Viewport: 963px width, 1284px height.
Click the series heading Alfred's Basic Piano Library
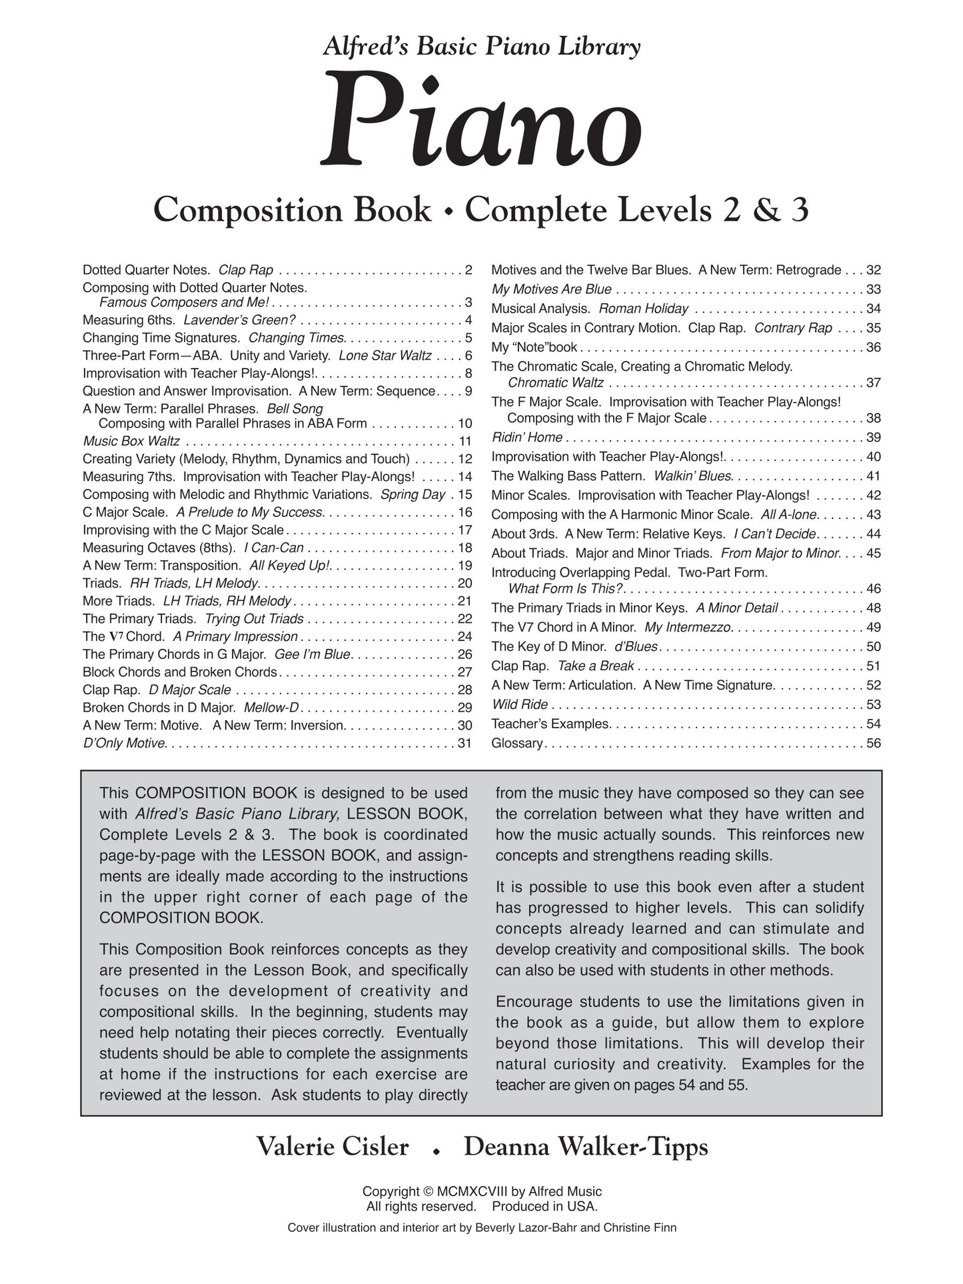coord(481,47)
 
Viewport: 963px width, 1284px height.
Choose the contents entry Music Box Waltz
coord(131,441)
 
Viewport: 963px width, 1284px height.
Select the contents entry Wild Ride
coord(519,704)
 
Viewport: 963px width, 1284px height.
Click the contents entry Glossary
coord(516,743)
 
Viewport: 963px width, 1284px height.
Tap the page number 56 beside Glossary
coord(873,743)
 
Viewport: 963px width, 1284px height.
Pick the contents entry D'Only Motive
coord(123,743)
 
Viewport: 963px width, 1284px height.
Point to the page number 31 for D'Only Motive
coord(465,743)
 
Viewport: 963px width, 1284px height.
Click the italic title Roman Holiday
coord(643,309)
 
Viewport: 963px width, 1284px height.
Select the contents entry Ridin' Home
coord(526,437)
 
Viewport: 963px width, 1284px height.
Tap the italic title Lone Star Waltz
coord(385,356)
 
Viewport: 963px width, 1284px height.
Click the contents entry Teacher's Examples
coord(550,724)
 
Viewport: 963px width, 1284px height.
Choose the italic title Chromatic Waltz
coord(555,383)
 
